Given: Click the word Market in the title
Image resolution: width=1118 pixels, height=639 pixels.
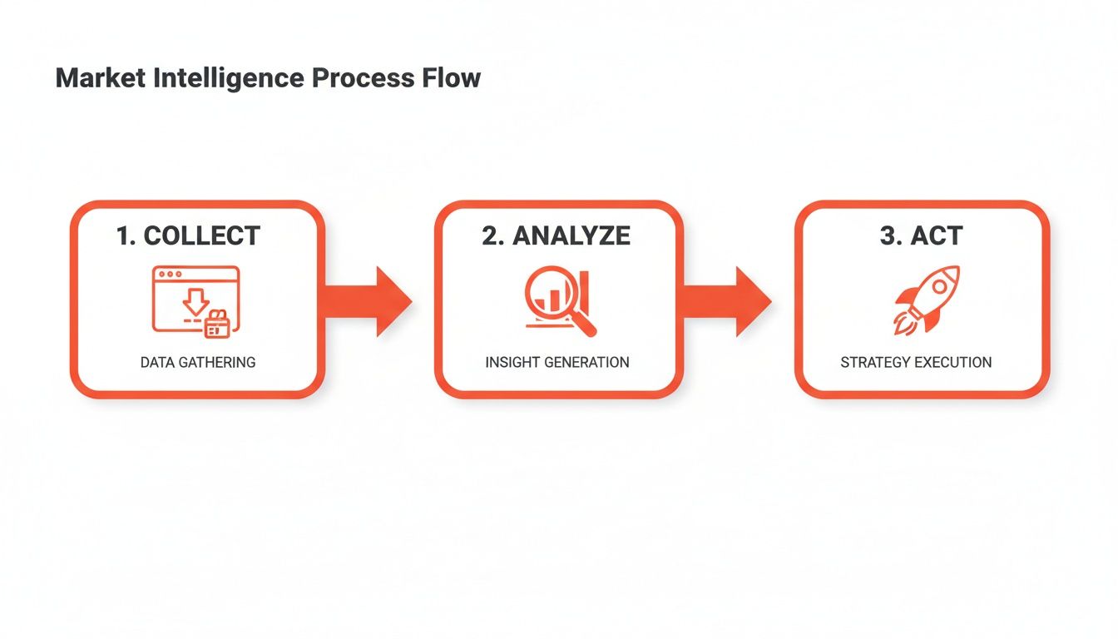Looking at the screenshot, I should point(99,78).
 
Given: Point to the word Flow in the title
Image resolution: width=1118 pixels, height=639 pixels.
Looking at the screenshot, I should point(450,78).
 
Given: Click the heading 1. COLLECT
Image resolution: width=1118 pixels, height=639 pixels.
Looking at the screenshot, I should point(189,235).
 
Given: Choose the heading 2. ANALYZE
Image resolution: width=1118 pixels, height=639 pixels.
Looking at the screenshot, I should point(556,235).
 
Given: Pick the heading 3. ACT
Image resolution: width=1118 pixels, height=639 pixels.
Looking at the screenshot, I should point(921,235).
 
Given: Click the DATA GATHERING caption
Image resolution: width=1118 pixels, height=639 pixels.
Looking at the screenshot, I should point(197,363).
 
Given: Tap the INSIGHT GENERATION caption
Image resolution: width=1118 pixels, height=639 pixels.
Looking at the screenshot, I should point(557,363).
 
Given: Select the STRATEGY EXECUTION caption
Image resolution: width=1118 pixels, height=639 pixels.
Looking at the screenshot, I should point(916,363).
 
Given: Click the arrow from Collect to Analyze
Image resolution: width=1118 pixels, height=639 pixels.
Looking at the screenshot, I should point(370,301).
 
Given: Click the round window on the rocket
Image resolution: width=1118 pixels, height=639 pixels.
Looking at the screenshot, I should point(940,286).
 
